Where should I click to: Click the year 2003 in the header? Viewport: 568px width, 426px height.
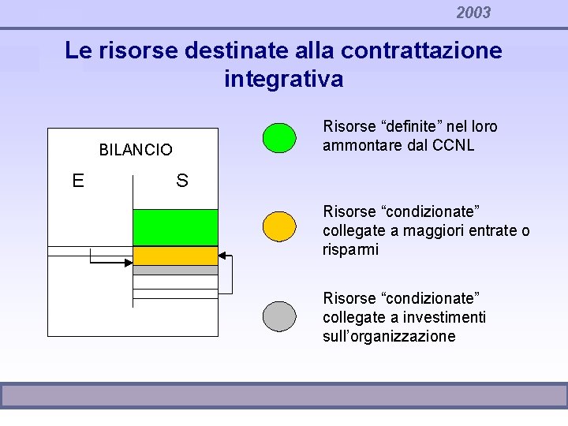click(x=473, y=13)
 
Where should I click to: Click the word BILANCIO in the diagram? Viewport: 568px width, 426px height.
click(x=136, y=150)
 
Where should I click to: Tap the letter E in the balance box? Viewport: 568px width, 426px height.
click(x=78, y=181)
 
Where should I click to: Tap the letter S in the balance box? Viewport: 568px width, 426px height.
click(x=182, y=181)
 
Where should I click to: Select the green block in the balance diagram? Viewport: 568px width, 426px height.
click(x=174, y=227)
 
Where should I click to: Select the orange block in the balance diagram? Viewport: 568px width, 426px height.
click(x=174, y=256)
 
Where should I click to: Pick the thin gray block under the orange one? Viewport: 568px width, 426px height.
click(x=174, y=270)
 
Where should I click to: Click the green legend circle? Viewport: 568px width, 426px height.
click(x=279, y=136)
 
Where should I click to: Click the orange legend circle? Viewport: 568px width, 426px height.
click(x=279, y=226)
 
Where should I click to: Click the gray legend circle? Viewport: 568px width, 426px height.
click(x=279, y=316)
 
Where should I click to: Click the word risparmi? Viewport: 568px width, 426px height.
click(x=351, y=250)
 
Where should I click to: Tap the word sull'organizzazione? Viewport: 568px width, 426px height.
click(x=389, y=337)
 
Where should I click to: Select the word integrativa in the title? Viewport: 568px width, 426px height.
click(x=283, y=80)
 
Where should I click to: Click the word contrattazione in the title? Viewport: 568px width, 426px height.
click(x=428, y=51)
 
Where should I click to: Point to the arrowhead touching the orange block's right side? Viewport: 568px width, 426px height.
click(x=222, y=256)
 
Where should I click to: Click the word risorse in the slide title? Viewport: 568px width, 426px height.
click(x=139, y=51)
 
